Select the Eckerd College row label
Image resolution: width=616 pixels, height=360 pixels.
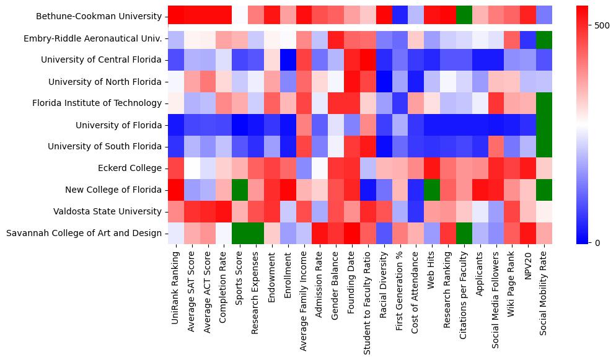click(133, 168)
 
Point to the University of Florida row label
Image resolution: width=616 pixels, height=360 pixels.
click(118, 125)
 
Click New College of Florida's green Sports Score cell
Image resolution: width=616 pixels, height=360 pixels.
click(240, 190)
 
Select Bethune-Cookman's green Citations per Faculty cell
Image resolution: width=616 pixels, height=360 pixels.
click(464, 17)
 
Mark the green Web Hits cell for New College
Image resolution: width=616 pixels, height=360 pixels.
click(431, 190)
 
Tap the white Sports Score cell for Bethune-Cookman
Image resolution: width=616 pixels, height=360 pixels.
click(240, 17)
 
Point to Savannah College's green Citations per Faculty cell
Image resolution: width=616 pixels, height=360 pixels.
click(464, 233)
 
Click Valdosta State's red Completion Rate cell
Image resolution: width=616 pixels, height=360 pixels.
click(224, 211)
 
